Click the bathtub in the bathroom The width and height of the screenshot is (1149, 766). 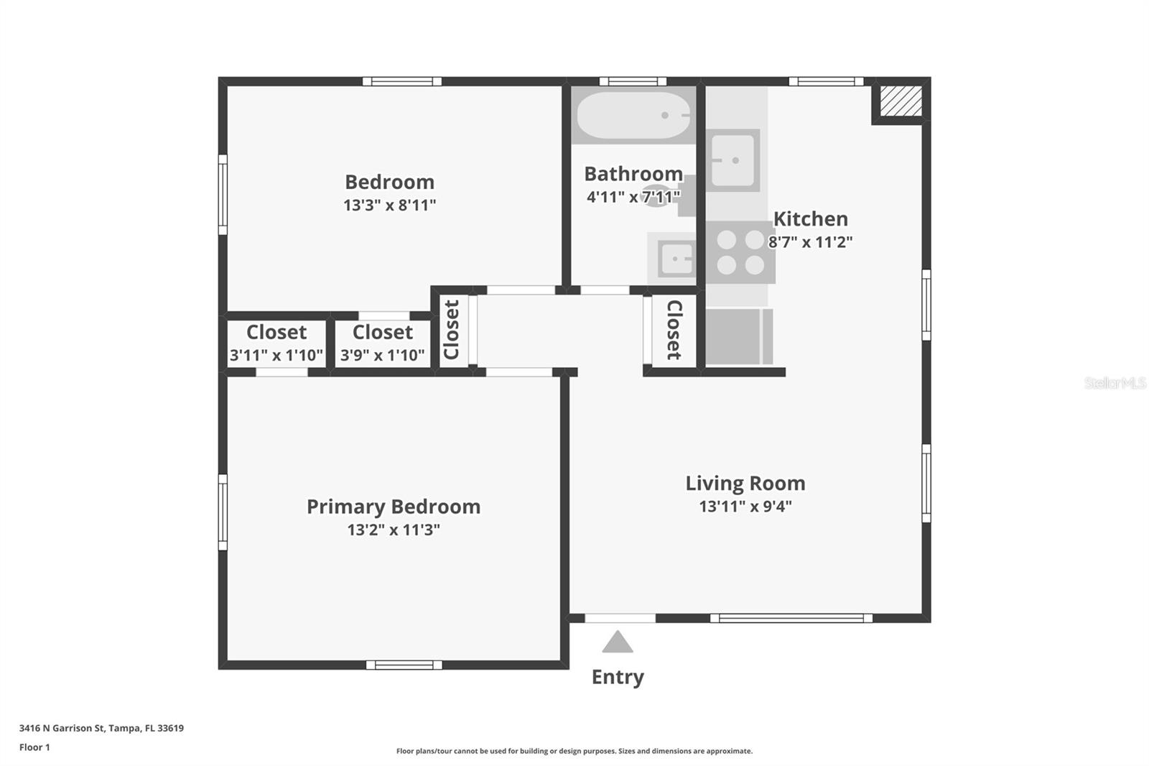click(x=633, y=115)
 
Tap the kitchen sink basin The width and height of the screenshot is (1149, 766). click(x=732, y=160)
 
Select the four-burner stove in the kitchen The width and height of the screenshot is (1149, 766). click(x=740, y=252)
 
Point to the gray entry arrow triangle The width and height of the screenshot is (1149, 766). click(x=618, y=642)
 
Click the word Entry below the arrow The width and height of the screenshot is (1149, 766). click(x=618, y=677)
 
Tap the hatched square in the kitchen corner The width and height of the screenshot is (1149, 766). click(x=901, y=101)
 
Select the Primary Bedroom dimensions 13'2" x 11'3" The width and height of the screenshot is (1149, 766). click(x=394, y=530)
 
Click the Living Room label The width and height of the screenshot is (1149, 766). click(x=745, y=483)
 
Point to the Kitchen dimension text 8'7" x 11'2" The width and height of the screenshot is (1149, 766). click(x=810, y=241)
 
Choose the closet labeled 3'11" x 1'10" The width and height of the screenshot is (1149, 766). click(x=276, y=343)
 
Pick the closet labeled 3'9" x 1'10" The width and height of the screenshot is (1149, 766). click(x=382, y=343)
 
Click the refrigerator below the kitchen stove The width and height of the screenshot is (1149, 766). click(x=736, y=336)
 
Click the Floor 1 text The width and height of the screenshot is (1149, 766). click(x=34, y=747)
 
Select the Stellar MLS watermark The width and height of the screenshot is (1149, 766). click(x=1115, y=383)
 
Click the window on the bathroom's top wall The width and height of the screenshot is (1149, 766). click(x=633, y=81)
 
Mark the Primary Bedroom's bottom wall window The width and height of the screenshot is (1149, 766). click(x=404, y=665)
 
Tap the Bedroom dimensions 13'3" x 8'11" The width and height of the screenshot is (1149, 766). click(x=390, y=205)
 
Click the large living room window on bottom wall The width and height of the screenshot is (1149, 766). click(x=791, y=618)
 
